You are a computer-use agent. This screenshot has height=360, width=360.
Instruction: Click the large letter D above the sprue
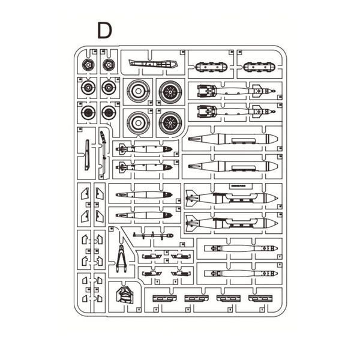pos(104,31)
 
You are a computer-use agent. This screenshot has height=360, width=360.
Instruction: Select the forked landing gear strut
pos(121,259)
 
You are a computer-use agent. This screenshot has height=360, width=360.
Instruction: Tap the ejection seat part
pos(124,296)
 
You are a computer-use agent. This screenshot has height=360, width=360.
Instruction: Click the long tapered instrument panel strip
pos(153,64)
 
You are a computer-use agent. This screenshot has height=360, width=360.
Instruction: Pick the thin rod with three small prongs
pos(153,236)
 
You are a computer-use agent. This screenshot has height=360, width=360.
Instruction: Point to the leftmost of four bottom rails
pos(164,298)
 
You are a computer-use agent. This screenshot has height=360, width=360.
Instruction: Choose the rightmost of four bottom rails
pos(260,298)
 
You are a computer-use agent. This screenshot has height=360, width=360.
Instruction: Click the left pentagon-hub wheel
pos(88,65)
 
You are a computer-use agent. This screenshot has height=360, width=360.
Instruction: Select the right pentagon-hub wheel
pos(109,65)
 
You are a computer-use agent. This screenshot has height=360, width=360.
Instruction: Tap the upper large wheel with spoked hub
pos(170,92)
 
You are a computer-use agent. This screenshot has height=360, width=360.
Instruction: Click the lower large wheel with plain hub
pos(138,123)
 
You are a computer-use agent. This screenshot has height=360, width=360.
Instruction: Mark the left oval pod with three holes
pos(211,67)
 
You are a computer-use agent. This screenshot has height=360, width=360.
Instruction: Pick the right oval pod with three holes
pos(259,67)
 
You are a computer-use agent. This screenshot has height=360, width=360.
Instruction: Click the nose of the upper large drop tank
pos(276,139)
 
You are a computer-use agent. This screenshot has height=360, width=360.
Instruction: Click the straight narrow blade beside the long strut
pos(87,155)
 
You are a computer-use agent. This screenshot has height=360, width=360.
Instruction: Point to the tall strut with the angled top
pos(103,152)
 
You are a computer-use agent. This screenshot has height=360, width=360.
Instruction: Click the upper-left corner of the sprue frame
pos(74,46)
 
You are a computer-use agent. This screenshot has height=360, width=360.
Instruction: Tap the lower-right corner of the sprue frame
pos(286,316)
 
